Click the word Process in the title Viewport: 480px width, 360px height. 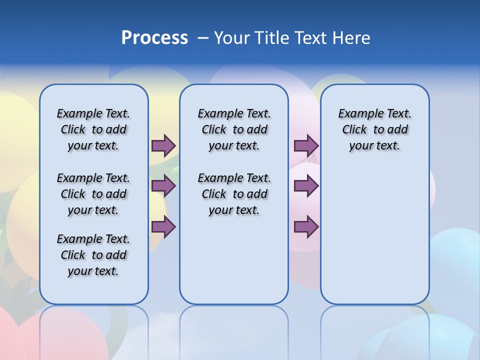point(154,38)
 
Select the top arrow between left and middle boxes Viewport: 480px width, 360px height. point(163,145)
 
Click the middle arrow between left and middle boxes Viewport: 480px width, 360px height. point(163,186)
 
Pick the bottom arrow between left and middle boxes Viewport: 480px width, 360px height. point(163,227)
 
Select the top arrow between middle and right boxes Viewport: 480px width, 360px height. point(306,145)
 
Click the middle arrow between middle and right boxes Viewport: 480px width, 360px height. point(306,186)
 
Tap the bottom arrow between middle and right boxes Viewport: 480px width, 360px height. point(306,227)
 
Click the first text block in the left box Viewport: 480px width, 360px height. point(93,129)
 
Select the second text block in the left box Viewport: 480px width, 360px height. point(93,194)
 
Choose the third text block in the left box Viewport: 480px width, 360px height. point(93,255)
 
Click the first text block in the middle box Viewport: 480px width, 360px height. point(234,129)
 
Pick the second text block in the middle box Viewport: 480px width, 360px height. point(234,194)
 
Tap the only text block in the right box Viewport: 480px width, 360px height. point(374,129)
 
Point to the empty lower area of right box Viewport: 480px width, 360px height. point(374,235)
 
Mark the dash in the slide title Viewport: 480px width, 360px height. point(203,38)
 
